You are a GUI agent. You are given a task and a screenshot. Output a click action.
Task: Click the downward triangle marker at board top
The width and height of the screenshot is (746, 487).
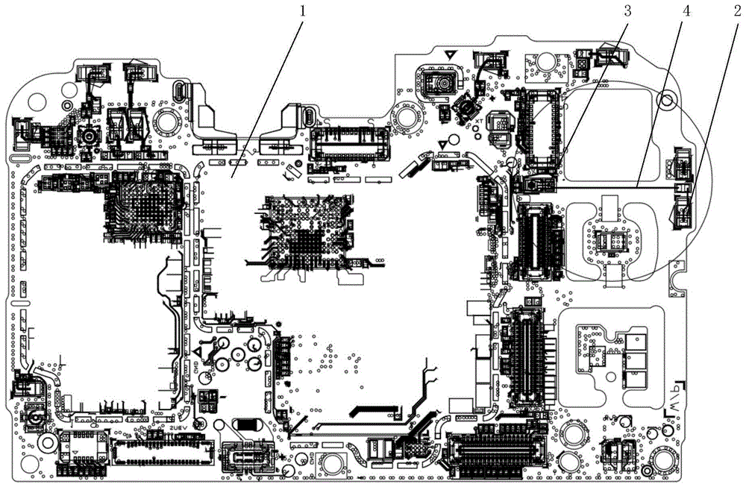point(451,55)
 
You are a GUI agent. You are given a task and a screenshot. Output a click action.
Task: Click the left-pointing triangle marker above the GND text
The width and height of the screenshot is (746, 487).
point(198,350)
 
